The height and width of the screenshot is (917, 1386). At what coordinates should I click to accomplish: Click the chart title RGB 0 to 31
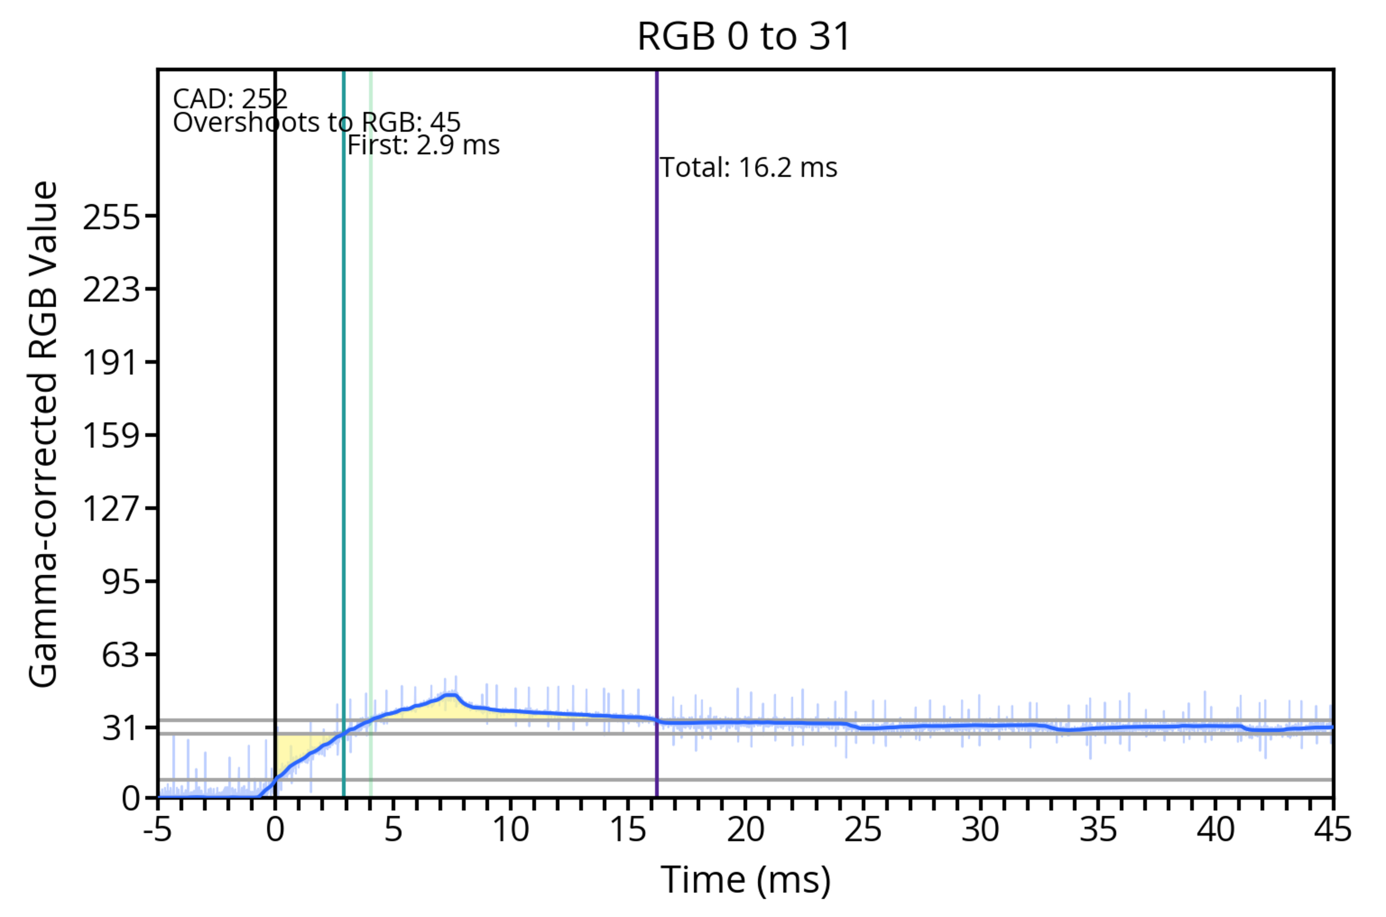[x=744, y=36]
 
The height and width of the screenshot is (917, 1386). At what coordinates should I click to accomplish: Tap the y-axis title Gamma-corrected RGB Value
[x=43, y=434]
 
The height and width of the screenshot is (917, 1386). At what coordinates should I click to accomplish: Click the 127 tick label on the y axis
[x=112, y=508]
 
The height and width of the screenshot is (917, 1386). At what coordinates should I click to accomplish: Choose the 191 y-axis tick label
[x=112, y=362]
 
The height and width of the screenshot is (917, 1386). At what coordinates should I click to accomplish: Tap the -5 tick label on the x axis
[x=158, y=829]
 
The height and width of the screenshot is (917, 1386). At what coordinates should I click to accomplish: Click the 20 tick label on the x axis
[x=745, y=829]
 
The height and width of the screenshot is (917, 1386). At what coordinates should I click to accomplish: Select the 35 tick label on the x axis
[x=1098, y=829]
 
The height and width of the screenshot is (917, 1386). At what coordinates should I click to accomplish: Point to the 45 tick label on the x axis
[x=1333, y=829]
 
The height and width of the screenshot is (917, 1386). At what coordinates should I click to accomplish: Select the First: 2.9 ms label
[x=423, y=145]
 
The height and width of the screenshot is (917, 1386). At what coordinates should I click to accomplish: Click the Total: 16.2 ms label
[x=748, y=168]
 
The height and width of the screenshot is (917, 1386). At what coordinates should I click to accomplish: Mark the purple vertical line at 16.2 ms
[x=657, y=409]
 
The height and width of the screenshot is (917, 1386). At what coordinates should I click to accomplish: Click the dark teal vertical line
[x=344, y=409]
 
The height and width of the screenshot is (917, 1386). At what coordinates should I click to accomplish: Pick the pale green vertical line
[x=371, y=409]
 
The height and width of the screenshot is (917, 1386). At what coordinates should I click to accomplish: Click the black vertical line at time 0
[x=275, y=409]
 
